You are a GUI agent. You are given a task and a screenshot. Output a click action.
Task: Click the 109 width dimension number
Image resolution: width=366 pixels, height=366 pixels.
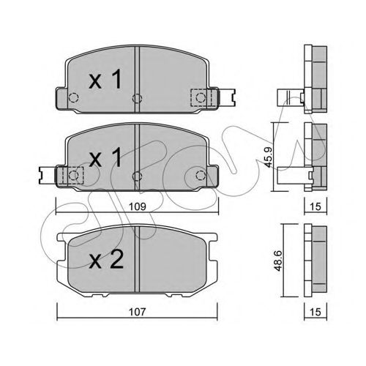point(138,206)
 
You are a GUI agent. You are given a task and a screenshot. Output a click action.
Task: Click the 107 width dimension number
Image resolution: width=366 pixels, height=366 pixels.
point(138,312)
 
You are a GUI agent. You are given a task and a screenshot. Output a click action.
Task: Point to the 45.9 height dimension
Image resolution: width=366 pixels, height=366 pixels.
point(269,157)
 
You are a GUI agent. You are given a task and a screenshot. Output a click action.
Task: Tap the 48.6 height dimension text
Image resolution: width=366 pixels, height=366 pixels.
point(278,261)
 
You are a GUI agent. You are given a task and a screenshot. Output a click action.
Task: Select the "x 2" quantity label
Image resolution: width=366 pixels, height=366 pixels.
point(106,260)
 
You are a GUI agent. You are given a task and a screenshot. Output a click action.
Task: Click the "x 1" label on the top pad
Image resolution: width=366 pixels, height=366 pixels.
point(105,79)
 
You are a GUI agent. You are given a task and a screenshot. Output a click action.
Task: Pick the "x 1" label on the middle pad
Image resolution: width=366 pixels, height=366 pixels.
point(105,157)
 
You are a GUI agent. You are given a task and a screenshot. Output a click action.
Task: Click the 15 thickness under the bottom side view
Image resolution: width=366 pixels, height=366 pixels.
point(315,312)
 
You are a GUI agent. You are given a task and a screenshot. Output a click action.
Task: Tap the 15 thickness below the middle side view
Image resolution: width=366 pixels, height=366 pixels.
point(315,206)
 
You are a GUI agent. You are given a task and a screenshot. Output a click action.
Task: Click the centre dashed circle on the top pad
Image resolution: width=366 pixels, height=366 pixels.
point(137,99)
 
